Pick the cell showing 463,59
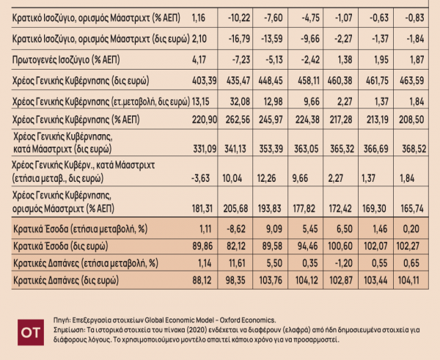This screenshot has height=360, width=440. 418,78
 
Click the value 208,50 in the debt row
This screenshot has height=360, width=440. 418,117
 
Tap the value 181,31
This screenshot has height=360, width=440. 202,209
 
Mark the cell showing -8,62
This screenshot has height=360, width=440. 250,229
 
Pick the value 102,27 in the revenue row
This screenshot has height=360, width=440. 418,246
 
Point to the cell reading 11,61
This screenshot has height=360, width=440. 252,262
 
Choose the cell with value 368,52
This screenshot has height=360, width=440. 418,150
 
